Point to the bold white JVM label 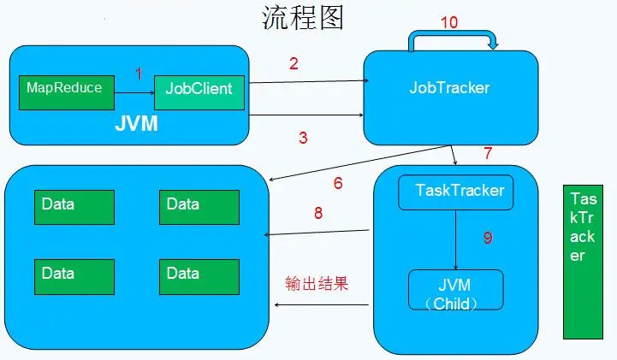point(137,125)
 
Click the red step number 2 point(294,63)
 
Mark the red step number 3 point(304,137)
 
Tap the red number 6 point(338,183)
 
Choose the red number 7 point(488,154)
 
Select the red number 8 point(318,214)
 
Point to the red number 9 point(488,239)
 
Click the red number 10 point(450,22)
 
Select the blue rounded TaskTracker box point(456,192)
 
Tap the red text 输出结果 point(317,284)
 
